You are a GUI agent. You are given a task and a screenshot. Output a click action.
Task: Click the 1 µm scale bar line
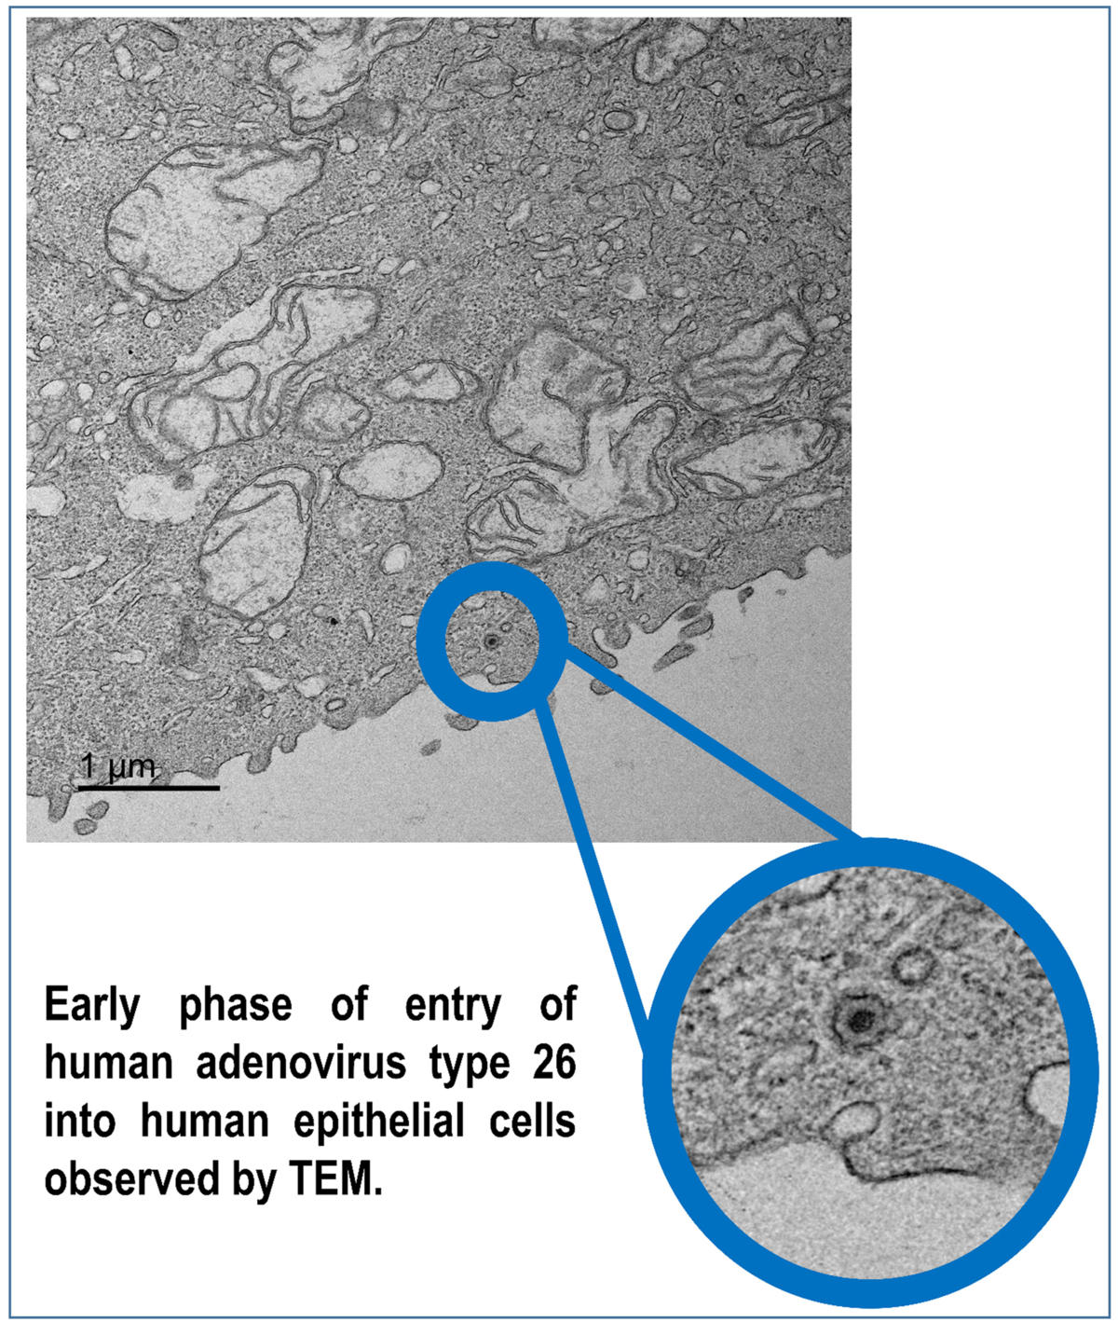[149, 787]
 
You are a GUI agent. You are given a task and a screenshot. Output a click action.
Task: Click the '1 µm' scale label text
[117, 765]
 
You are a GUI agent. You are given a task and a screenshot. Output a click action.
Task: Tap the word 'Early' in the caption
[92, 1008]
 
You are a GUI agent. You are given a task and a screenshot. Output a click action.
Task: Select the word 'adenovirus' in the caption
[301, 1063]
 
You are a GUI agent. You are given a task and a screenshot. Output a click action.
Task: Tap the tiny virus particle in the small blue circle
[491, 640]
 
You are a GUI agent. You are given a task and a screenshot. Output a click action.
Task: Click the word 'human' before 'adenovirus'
[109, 1063]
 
